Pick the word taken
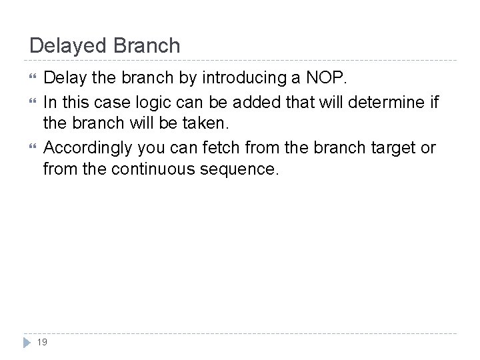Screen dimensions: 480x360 click(x=210, y=123)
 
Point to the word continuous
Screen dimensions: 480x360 click(x=151, y=169)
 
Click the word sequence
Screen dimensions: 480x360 click(x=241, y=169)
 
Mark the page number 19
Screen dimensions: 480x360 click(x=43, y=342)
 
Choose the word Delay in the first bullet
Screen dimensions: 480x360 click(x=65, y=78)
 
